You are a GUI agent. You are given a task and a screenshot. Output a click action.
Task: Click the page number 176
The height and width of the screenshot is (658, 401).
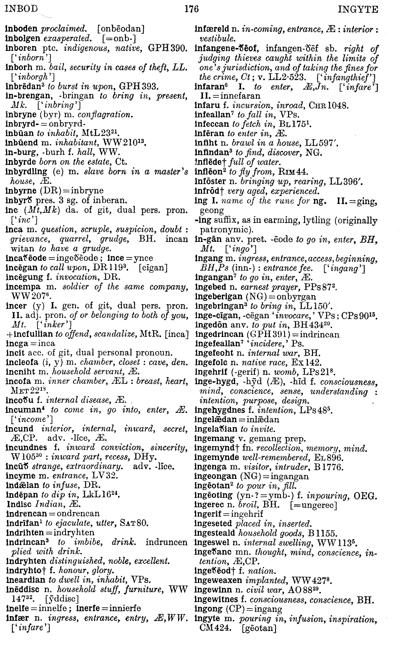(x=192, y=10)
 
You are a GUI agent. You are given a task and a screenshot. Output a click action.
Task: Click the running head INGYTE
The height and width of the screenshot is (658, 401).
(x=358, y=10)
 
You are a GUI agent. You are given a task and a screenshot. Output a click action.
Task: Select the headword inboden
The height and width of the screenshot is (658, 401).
(x=22, y=29)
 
